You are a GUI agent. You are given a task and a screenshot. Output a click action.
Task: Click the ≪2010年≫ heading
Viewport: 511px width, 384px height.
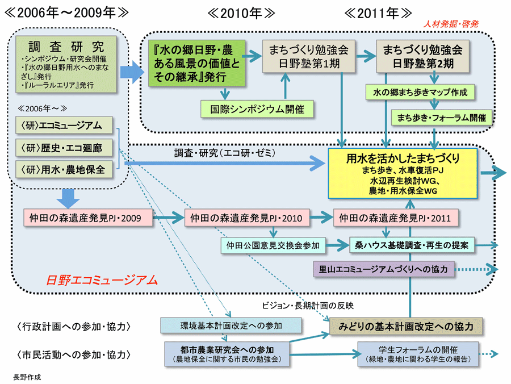pos(241,13)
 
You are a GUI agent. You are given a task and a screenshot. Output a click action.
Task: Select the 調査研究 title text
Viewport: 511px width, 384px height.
pos(66,46)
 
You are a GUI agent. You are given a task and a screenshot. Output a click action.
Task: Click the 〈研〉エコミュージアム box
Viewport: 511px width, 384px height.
pos(64,125)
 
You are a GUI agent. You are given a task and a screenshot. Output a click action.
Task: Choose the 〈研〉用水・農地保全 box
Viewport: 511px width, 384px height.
pos(64,169)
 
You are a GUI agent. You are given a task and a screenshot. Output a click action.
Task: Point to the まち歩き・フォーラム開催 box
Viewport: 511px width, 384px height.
pos(442,118)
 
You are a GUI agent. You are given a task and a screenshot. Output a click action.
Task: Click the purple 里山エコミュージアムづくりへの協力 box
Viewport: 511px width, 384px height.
pos(384,268)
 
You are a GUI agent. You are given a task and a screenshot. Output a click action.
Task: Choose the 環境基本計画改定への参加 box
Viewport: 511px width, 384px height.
pos(229,325)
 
